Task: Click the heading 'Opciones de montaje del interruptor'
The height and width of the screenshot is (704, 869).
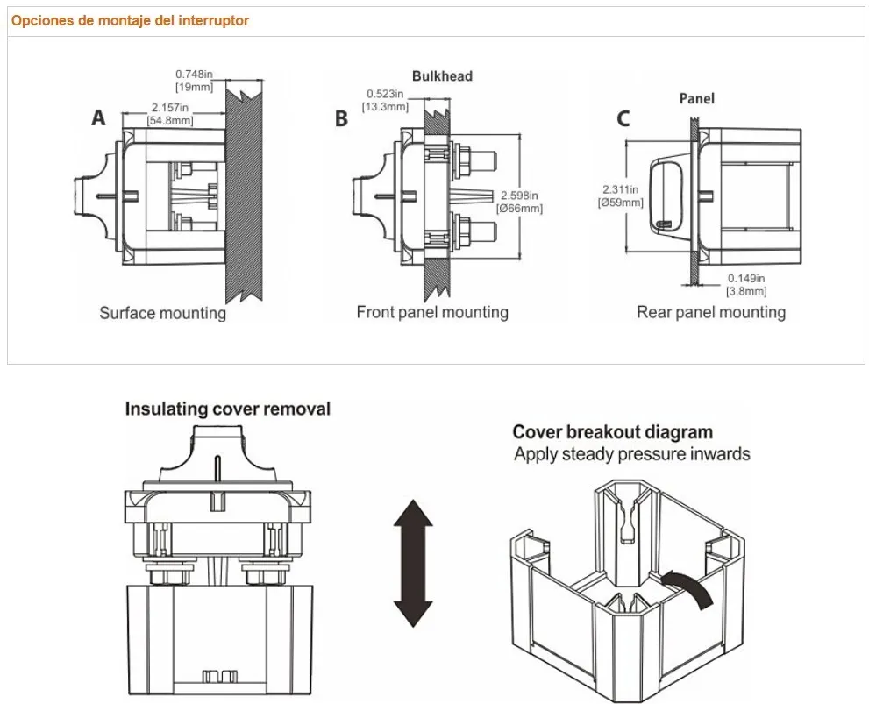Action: click(x=130, y=20)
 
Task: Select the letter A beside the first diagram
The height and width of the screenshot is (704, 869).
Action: click(x=99, y=118)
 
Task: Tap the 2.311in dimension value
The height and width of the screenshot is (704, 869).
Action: click(x=620, y=189)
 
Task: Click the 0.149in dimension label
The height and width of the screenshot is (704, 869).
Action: click(x=745, y=279)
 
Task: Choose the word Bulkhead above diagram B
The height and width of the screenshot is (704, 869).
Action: click(x=442, y=76)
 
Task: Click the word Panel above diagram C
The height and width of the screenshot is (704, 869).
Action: click(x=697, y=98)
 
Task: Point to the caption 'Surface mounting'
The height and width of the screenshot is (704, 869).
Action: click(x=162, y=313)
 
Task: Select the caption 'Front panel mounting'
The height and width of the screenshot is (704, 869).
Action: click(x=432, y=312)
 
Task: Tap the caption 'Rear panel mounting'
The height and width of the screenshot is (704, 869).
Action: click(x=711, y=312)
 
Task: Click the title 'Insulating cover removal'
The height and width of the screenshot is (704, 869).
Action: click(x=228, y=409)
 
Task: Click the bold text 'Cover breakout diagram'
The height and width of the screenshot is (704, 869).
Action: click(x=612, y=432)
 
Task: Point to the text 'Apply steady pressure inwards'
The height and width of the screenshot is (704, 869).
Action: click(x=632, y=454)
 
